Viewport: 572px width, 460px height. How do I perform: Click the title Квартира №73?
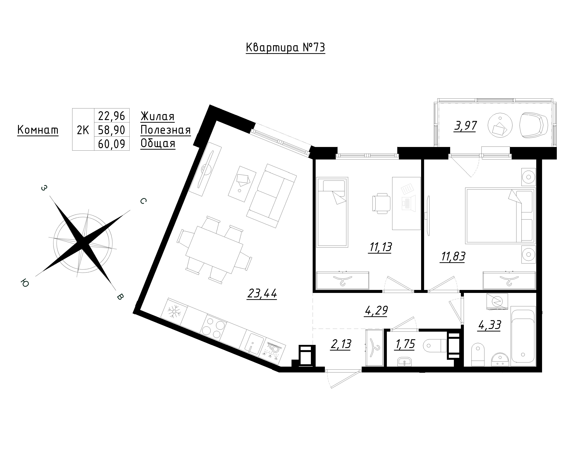285,48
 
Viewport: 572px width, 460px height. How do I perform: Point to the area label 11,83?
453,257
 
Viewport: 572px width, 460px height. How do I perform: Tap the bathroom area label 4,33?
489,325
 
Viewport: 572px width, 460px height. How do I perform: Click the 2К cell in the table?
83,130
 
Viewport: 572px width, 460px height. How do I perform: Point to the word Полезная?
165,130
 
